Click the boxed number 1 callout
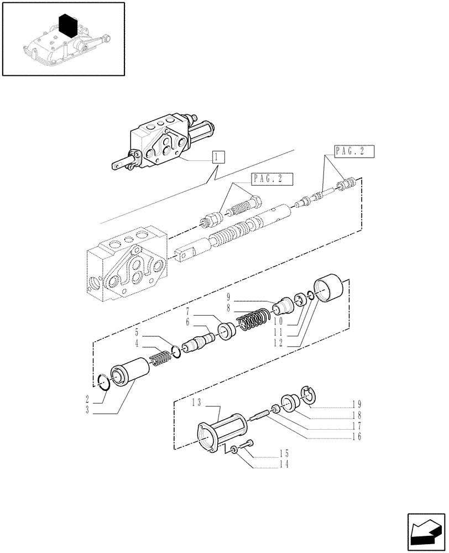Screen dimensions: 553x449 pos(218,157)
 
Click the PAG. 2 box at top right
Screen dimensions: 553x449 pos(354,152)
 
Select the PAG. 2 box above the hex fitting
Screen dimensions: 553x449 pos(272,179)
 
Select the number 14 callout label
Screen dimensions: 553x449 pos(283,464)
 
